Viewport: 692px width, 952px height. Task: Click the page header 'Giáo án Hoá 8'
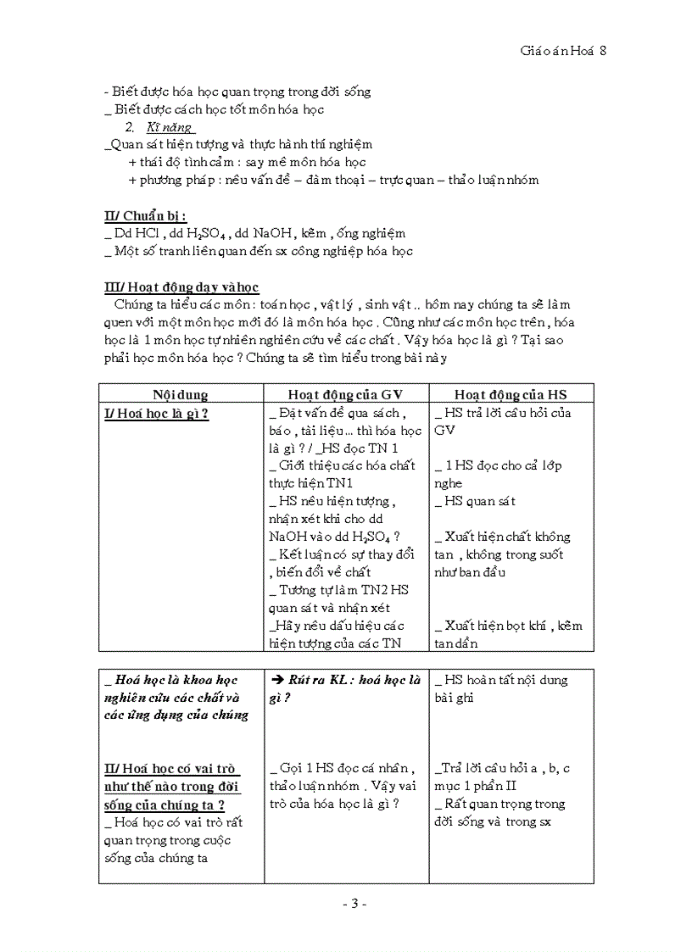pos(563,51)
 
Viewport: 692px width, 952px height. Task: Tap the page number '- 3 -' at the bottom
pos(354,904)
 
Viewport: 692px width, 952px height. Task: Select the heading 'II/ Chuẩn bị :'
pos(145,216)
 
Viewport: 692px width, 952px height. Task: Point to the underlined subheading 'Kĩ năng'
pos(170,127)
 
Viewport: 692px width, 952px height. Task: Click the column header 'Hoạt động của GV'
pos(344,394)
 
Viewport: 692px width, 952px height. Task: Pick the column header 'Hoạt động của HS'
pos(511,394)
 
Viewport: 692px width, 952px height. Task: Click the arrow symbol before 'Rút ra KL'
pos(276,680)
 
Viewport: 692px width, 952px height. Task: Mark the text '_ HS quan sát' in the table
pos(476,501)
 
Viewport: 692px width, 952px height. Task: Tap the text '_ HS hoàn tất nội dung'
pos(501,680)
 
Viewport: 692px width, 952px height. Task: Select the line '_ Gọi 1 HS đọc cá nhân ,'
pos(342,768)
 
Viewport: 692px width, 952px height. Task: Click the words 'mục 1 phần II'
pos(476,786)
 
